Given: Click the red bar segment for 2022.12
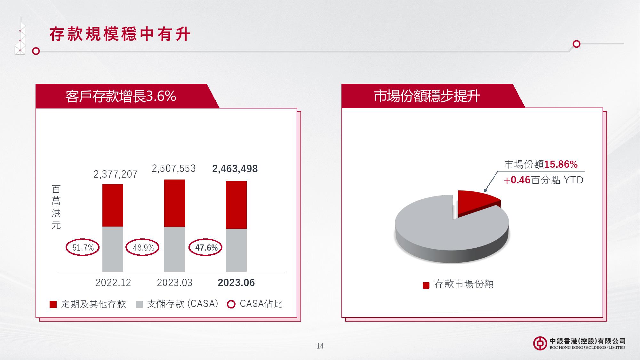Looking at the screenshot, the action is (x=113, y=205).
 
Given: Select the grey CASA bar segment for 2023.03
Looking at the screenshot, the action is (x=174, y=249).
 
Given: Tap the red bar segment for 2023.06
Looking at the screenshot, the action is (x=236, y=205).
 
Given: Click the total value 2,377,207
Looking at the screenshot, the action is (x=116, y=174).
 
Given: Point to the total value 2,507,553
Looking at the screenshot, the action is (x=174, y=169).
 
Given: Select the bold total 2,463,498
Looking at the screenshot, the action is (x=235, y=169).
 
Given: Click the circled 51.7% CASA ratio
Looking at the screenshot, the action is (x=83, y=247).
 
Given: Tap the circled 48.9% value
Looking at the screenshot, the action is (x=142, y=247).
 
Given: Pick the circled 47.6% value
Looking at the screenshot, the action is (x=205, y=247).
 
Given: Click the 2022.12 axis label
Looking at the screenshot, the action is (x=113, y=283).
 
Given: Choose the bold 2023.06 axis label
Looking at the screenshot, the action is (x=236, y=283).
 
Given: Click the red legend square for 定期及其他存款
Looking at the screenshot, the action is (x=53, y=304).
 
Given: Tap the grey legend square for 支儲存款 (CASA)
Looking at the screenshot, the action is (x=139, y=304).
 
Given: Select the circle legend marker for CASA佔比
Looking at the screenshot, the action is (x=231, y=304).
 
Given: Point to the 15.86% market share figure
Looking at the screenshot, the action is (x=561, y=164).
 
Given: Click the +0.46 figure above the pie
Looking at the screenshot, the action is (x=517, y=180).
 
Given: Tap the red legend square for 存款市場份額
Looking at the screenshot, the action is (x=426, y=285).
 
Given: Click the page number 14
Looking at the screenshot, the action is (x=320, y=346).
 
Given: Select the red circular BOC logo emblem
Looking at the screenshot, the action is (x=540, y=343).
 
